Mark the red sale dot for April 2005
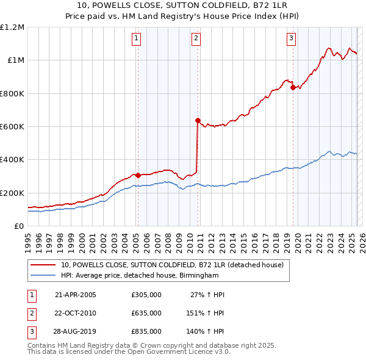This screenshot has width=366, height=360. pos(138,175)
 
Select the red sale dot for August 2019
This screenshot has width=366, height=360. pos(293,87)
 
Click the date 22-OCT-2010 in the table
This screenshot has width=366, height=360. pos(75,313)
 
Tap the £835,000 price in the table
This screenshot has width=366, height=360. pos(146,331)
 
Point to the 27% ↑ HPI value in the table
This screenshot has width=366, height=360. pos(207,295)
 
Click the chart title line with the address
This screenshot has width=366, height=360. pos(183,7)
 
